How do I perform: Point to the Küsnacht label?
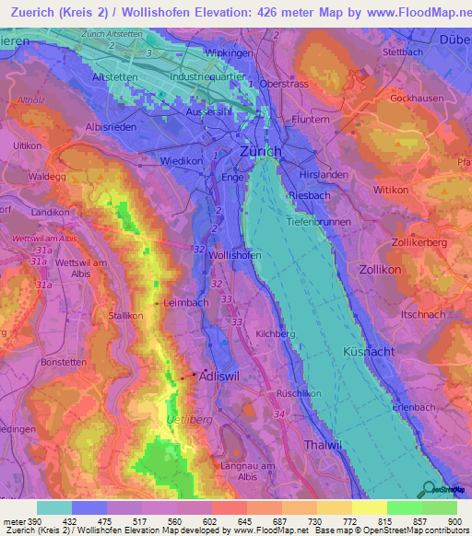click(x=370, y=354)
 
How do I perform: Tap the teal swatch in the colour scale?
click(x=54, y=507)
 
